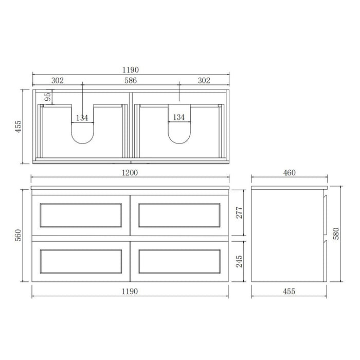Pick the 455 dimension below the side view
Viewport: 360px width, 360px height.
(289, 291)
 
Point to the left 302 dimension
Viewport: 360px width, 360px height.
(57, 81)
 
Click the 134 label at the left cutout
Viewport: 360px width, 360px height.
(83, 118)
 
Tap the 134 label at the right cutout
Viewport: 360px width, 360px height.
(178, 118)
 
